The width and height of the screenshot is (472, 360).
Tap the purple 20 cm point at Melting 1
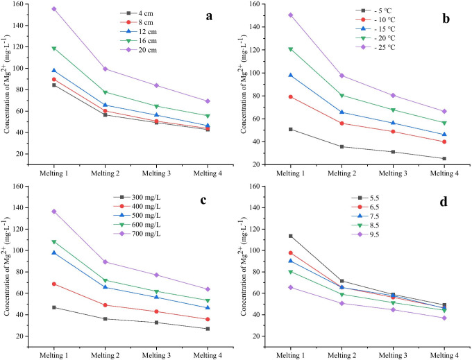[x=53, y=9]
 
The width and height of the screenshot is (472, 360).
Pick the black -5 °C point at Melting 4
[x=444, y=158]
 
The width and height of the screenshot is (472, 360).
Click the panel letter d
[x=445, y=202]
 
